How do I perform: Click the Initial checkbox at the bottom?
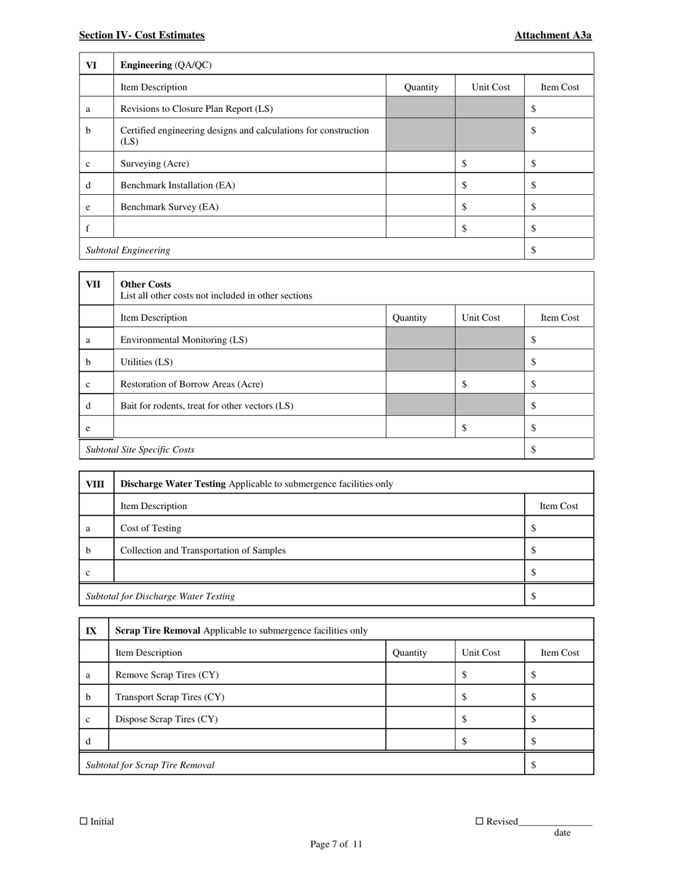click(84, 821)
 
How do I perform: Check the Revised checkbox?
click(479, 821)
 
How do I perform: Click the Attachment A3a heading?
click(553, 35)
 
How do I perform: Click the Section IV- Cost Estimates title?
click(142, 35)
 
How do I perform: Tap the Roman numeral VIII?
click(94, 484)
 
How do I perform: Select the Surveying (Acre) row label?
click(154, 164)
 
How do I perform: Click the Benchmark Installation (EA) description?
click(178, 186)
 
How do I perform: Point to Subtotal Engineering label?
click(128, 250)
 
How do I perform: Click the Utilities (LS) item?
click(146, 362)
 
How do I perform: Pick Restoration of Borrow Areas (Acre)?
click(191, 384)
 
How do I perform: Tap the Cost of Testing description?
click(150, 528)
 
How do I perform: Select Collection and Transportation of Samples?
click(203, 550)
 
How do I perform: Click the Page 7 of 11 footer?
click(336, 844)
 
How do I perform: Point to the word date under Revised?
click(562, 833)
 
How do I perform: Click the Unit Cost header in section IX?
click(481, 653)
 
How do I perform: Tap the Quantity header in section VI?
click(421, 87)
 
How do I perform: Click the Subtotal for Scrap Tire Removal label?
click(150, 765)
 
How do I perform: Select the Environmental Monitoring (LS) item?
click(183, 340)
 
